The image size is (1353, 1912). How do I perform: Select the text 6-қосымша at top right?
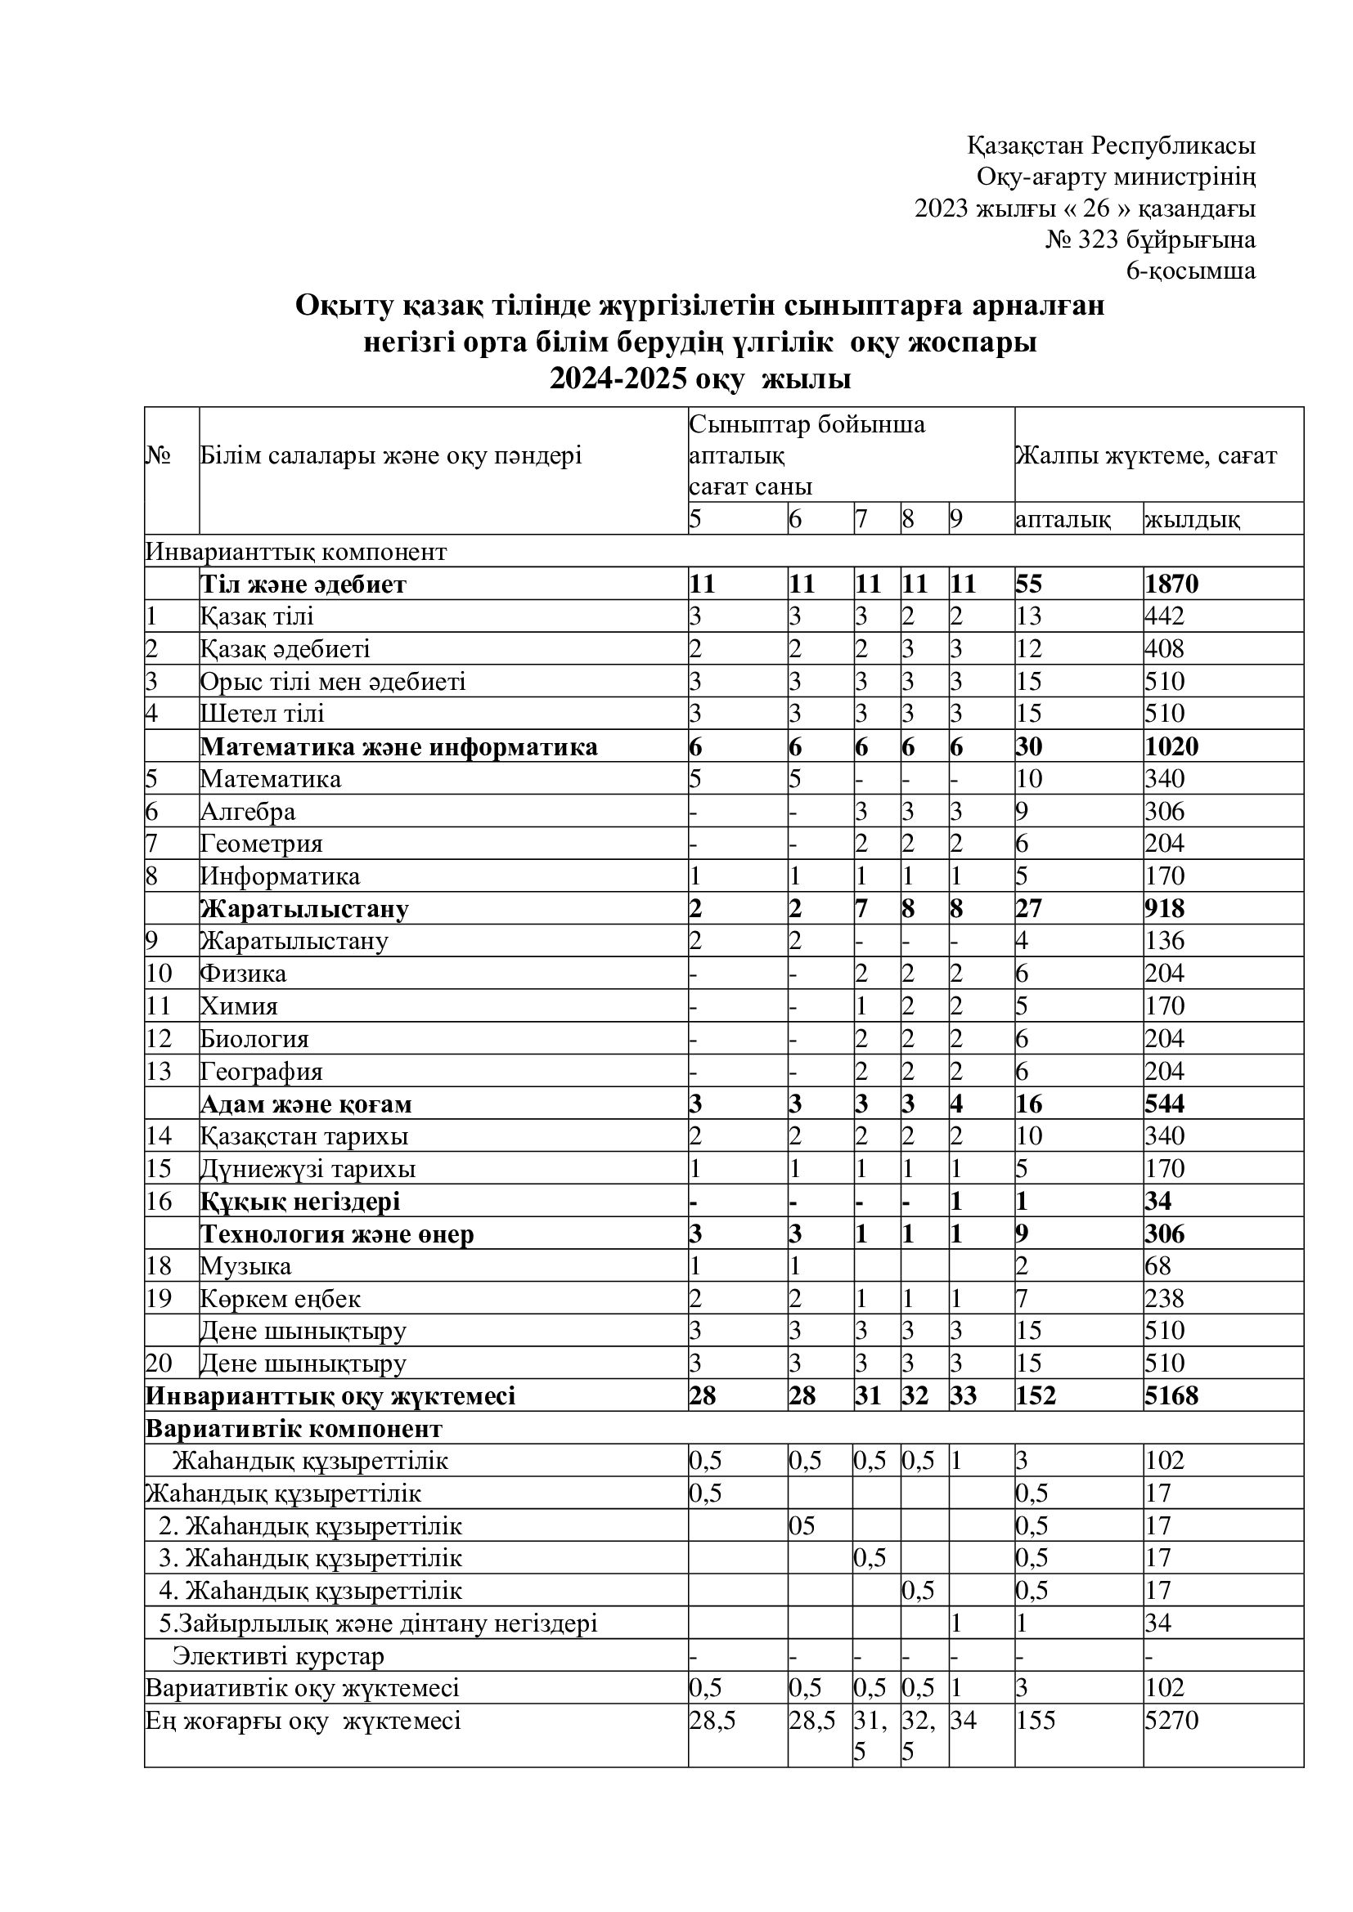click(x=1190, y=271)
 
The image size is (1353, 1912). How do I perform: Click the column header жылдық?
click(x=1192, y=520)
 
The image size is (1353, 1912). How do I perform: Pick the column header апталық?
click(x=1063, y=520)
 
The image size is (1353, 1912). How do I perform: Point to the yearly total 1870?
click(x=1171, y=584)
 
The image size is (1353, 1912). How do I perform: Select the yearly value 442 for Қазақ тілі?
click(x=1164, y=616)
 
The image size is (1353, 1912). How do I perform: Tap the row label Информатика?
click(x=280, y=876)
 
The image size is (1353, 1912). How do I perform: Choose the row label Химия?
click(x=239, y=1006)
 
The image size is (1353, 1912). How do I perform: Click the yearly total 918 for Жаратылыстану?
click(x=1164, y=908)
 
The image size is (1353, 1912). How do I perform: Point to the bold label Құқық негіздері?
click(x=300, y=1201)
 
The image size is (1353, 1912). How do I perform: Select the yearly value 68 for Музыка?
click(x=1157, y=1265)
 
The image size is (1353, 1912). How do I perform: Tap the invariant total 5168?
click(x=1171, y=1395)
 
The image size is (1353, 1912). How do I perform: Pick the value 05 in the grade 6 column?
click(x=802, y=1525)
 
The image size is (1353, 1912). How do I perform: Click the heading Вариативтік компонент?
click(x=294, y=1428)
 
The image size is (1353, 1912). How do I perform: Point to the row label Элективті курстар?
click(x=278, y=1655)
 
